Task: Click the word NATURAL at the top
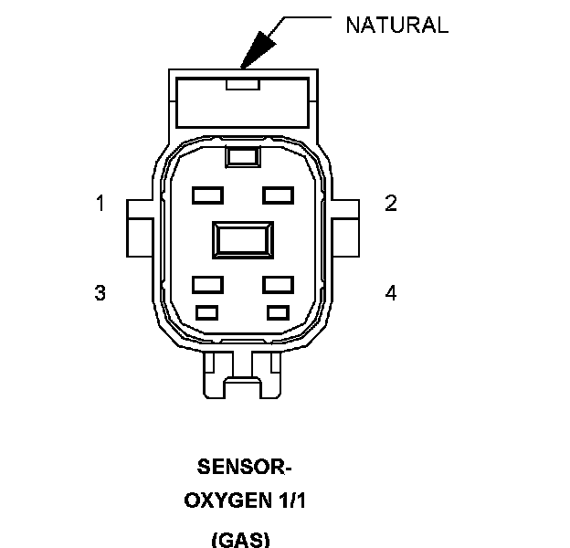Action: pyautogui.click(x=396, y=26)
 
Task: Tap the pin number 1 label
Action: pyautogui.click(x=100, y=204)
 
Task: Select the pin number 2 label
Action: pyautogui.click(x=391, y=204)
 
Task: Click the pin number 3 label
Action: pyautogui.click(x=100, y=293)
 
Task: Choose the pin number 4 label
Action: pyautogui.click(x=391, y=293)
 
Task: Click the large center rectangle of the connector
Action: pyautogui.click(x=242, y=240)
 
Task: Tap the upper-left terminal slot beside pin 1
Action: pyautogui.click(x=208, y=195)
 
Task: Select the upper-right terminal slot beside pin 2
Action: pyautogui.click(x=278, y=195)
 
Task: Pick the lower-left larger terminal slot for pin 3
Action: pyautogui.click(x=208, y=284)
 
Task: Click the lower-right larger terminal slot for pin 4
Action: pyautogui.click(x=278, y=284)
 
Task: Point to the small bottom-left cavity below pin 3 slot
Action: pyautogui.click(x=207, y=312)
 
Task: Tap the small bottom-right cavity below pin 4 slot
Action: pyautogui.click(x=278, y=312)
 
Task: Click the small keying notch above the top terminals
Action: pyautogui.click(x=242, y=157)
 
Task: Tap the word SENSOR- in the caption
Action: pyautogui.click(x=244, y=468)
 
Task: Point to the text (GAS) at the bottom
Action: pyautogui.click(x=241, y=539)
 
